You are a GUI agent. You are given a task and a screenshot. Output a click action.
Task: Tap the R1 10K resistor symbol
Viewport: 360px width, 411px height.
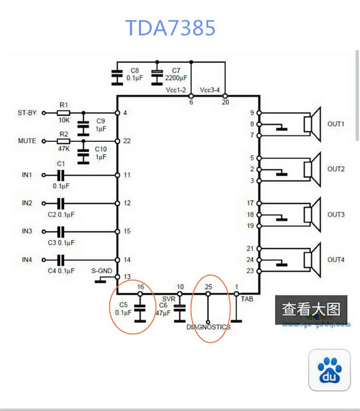pyautogui.click(x=63, y=113)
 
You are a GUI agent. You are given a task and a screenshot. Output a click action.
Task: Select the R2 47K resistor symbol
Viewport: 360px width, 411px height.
pyautogui.click(x=63, y=141)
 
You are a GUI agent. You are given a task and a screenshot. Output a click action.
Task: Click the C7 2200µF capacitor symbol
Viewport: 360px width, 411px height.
pyautogui.click(x=157, y=76)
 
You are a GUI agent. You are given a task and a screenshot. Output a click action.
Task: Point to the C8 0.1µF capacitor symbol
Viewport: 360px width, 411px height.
pyautogui.click(x=118, y=76)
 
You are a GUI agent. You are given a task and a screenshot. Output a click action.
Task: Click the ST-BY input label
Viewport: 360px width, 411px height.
pyautogui.click(x=27, y=113)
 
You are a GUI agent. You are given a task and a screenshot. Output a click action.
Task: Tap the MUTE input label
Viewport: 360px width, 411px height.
pyautogui.click(x=27, y=141)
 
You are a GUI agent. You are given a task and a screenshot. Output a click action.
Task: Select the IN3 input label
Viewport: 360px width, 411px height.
pyautogui.click(x=27, y=231)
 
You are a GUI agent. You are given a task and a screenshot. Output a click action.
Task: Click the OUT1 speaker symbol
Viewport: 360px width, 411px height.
pyautogui.click(x=312, y=124)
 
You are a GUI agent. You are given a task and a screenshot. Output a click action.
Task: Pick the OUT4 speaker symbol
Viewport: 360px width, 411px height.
pyautogui.click(x=312, y=259)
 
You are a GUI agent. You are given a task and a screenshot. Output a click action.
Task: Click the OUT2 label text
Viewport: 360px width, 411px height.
pyautogui.click(x=336, y=169)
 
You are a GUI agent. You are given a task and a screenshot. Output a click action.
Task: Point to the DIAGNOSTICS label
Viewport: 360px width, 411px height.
pyautogui.click(x=208, y=327)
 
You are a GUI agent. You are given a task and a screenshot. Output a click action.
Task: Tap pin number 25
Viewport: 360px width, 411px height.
pyautogui.click(x=208, y=287)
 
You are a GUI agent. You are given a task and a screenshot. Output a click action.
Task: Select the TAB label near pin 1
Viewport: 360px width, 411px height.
pyautogui.click(x=246, y=298)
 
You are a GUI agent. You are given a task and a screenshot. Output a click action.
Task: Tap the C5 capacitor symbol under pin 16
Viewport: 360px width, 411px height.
pyautogui.click(x=140, y=312)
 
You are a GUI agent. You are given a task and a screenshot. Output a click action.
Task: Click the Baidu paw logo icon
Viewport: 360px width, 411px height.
pyautogui.click(x=329, y=370)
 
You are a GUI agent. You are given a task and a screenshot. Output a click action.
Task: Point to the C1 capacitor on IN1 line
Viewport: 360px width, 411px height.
pyautogui.click(x=61, y=175)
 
